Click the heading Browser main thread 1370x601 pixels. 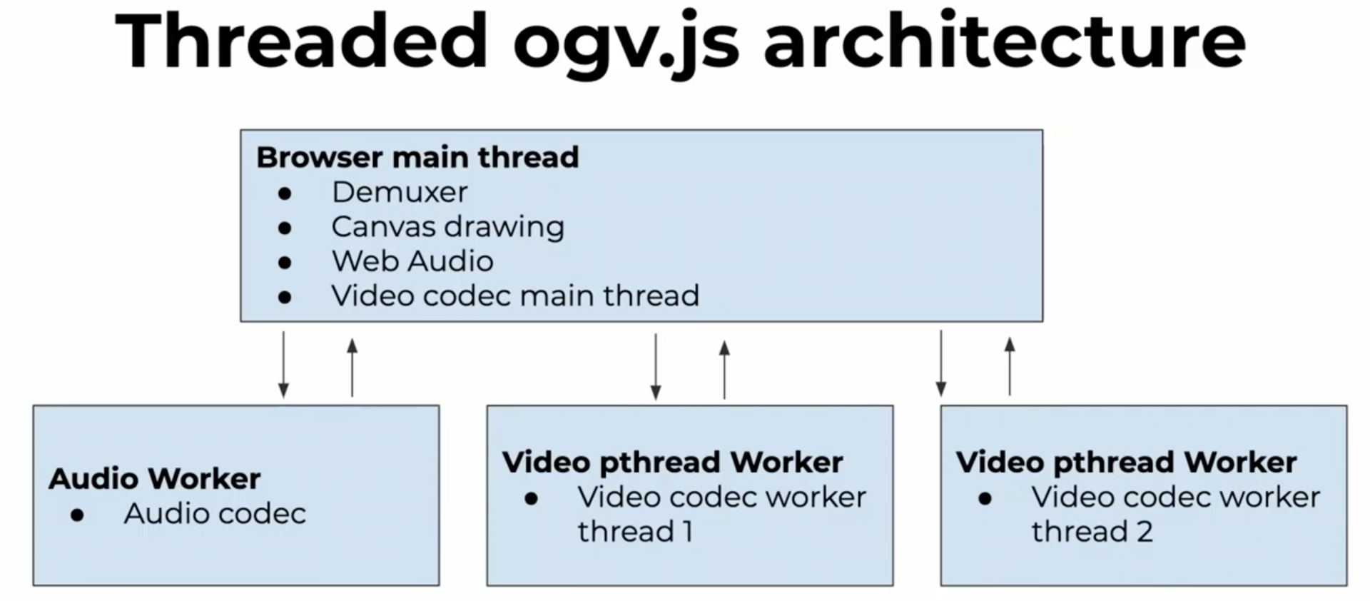[x=417, y=157]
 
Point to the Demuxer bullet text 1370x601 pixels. [x=400, y=192]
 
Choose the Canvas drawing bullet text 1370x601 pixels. [x=447, y=227]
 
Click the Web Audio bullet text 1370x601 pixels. [x=412, y=261]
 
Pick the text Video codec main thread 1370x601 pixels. [x=515, y=296]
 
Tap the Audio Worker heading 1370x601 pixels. [x=154, y=478]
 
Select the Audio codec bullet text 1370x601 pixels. [x=215, y=513]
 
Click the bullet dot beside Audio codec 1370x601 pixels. [x=77, y=515]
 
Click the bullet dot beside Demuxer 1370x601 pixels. [x=285, y=193]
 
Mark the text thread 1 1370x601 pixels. [x=635, y=532]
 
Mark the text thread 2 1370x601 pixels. [x=1092, y=532]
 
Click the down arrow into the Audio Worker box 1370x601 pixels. [x=283, y=364]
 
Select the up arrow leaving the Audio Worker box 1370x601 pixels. [x=352, y=367]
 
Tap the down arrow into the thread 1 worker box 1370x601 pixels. [x=656, y=366]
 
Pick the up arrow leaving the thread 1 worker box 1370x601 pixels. [x=724, y=369]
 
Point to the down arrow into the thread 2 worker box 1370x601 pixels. [x=941, y=363]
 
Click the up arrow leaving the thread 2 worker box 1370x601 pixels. [x=1010, y=366]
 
